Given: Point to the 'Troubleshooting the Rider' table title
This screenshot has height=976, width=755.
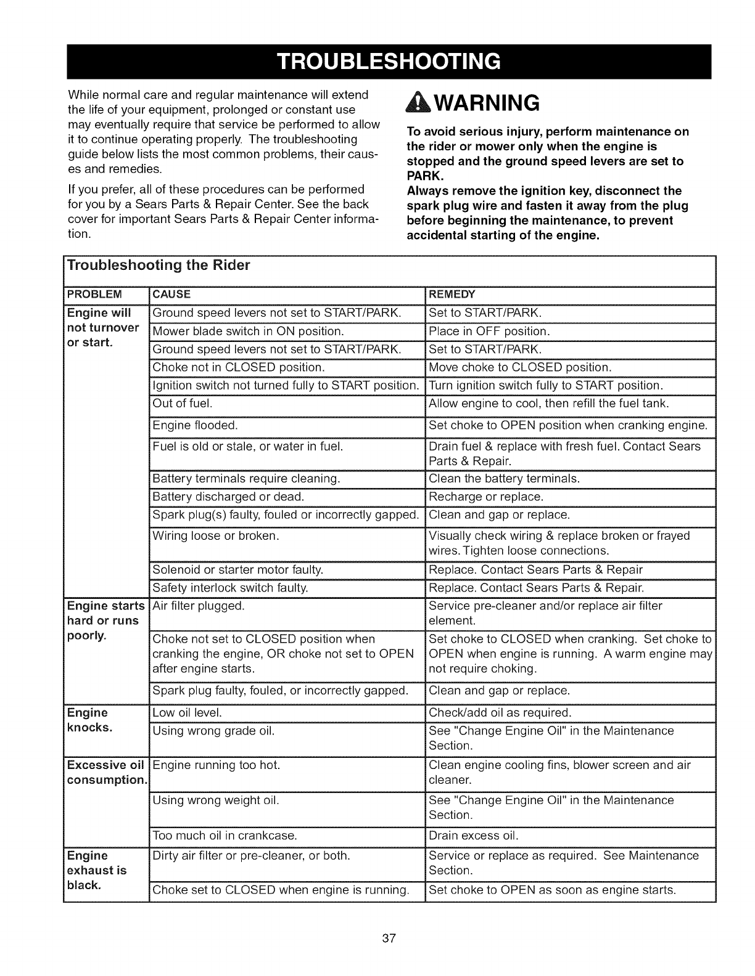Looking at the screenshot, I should [159, 266].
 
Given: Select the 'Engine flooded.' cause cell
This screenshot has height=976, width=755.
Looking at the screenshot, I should [195, 425].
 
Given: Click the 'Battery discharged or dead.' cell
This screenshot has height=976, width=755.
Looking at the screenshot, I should [228, 497].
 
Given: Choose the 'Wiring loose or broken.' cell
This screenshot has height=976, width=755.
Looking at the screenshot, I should [216, 535].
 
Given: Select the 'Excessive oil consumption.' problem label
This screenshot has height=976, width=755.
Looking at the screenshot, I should [105, 773].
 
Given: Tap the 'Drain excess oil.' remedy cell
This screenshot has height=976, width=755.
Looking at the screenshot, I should [473, 836].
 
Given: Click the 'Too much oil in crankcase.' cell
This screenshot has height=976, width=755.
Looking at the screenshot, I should [225, 836].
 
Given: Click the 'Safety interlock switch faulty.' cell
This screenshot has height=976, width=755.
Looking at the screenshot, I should [230, 588].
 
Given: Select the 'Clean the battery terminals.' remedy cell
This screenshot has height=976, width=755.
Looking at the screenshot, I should [504, 478].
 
